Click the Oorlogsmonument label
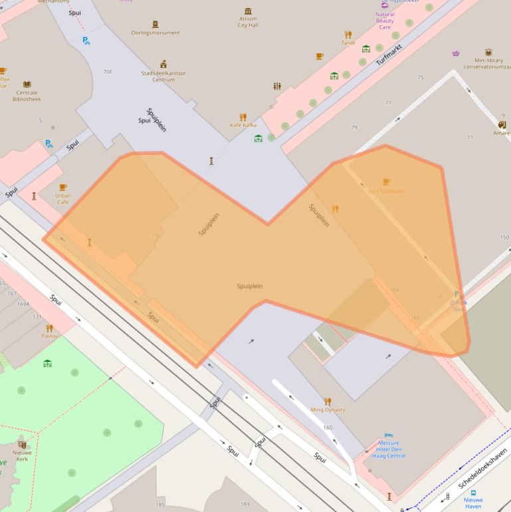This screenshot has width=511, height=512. [155, 33]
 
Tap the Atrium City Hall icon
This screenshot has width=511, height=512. [248, 11]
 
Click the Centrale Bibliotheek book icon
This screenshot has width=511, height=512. [27, 84]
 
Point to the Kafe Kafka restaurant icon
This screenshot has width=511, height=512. [243, 117]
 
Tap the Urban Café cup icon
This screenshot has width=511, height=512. [63, 188]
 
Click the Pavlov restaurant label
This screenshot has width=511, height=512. [50, 336]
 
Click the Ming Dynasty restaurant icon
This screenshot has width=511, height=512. [328, 402]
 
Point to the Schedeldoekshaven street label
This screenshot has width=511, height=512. [482, 468]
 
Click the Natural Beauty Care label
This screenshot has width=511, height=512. [385, 21]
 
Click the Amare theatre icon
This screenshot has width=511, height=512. [502, 124]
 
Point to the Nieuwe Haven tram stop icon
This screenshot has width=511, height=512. [473, 493]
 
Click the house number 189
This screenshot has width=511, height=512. [245, 504]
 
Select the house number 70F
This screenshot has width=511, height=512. [108, 71]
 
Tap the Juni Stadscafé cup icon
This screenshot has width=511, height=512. [386, 182]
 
